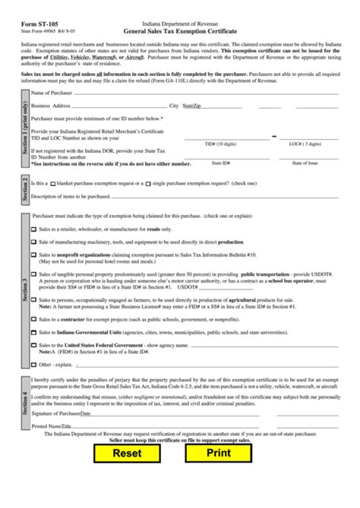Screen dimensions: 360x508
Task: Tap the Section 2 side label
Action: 24,188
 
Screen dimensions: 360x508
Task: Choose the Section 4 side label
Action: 24,402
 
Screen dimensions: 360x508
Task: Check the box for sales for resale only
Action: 33,229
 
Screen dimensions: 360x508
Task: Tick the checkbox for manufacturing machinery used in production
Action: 33,241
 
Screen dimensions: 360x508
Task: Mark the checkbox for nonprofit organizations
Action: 33,255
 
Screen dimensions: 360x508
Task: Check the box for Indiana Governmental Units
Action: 33,332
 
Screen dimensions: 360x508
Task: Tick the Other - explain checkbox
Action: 33,364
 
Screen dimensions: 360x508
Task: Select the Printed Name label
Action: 46,426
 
